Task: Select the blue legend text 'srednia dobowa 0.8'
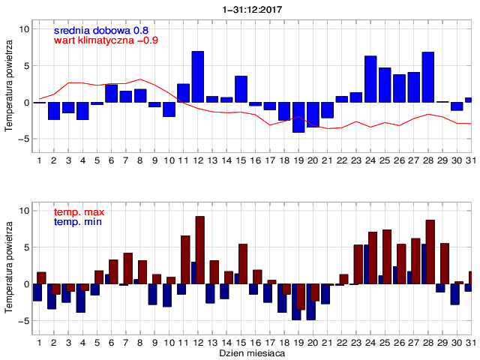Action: point(101,29)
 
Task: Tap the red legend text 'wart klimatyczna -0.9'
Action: point(106,40)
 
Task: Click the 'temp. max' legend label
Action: point(79,213)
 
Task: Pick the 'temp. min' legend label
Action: point(78,222)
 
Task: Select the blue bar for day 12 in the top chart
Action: point(198,76)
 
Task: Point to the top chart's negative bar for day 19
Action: point(298,117)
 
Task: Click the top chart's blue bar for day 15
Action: point(241,89)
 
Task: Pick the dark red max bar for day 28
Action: point(430,252)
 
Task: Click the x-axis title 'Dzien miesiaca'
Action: point(252,352)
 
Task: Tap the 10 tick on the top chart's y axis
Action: point(23,29)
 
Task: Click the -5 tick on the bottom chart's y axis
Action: point(22,321)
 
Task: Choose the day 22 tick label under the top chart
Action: point(342,160)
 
